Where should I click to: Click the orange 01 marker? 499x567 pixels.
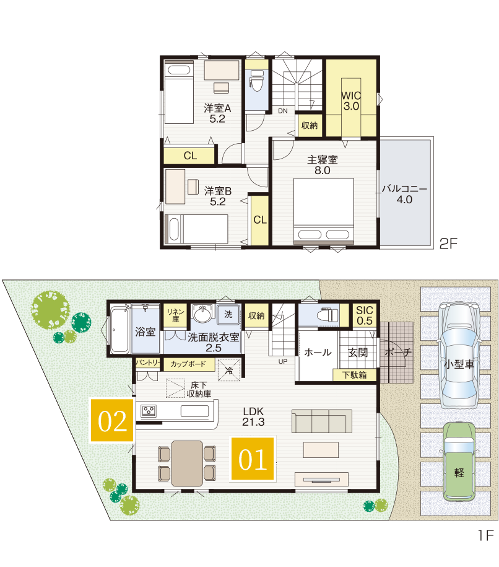[x=253, y=459]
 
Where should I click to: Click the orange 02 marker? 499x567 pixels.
[x=112, y=420]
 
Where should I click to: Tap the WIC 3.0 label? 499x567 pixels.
[x=351, y=101]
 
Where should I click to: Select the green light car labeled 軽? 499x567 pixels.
[x=459, y=462]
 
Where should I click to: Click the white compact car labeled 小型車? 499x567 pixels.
[x=459, y=354]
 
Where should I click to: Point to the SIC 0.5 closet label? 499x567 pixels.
[x=364, y=315]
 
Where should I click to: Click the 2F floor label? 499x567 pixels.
[x=448, y=244]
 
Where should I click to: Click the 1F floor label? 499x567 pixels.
[x=485, y=535]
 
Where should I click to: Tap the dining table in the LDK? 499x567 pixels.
[x=187, y=464]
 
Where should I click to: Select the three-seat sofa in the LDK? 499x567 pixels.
[x=321, y=421]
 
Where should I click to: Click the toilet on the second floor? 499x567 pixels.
[x=257, y=81]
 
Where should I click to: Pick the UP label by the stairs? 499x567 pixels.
[x=282, y=362]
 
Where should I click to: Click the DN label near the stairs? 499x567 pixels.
[x=283, y=111]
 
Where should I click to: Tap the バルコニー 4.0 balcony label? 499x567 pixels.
[x=404, y=194]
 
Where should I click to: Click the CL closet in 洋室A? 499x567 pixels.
[x=189, y=156]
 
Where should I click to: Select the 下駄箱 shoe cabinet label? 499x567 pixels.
[x=355, y=375]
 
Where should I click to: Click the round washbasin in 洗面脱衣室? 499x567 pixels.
[x=202, y=313]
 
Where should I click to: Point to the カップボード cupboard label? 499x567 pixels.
[x=188, y=364]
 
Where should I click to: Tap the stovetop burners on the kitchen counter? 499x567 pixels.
[x=149, y=411]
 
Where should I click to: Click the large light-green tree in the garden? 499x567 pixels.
[x=50, y=310]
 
